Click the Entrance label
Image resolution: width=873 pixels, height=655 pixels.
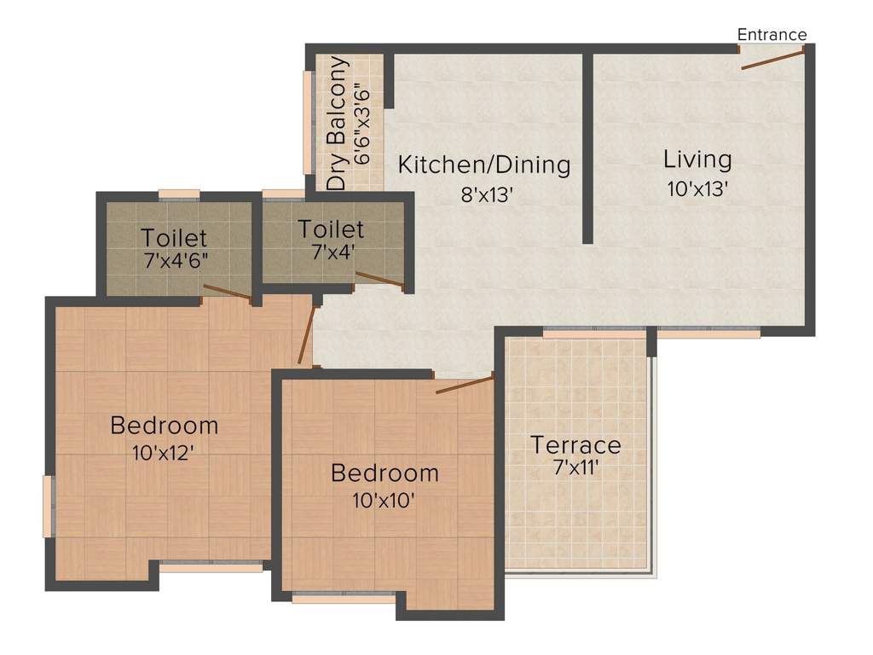(772, 35)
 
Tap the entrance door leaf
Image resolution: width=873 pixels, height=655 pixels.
(772, 60)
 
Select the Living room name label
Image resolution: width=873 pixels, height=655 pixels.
(697, 159)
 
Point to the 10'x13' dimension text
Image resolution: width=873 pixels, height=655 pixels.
(697, 189)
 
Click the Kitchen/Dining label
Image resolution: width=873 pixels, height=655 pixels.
(485, 164)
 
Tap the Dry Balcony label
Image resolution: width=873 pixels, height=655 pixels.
(338, 124)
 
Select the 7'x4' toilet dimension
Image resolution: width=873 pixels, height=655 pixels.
(331, 253)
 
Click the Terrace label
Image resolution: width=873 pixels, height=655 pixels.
(576, 444)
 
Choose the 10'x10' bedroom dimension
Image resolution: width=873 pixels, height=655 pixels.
(384, 501)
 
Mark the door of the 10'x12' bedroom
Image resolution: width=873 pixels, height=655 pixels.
(308, 333)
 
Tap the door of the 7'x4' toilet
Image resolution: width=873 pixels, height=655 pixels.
(379, 281)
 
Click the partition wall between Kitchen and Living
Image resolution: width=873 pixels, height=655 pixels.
(587, 149)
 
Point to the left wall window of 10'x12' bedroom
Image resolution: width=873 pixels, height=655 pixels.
(49, 507)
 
